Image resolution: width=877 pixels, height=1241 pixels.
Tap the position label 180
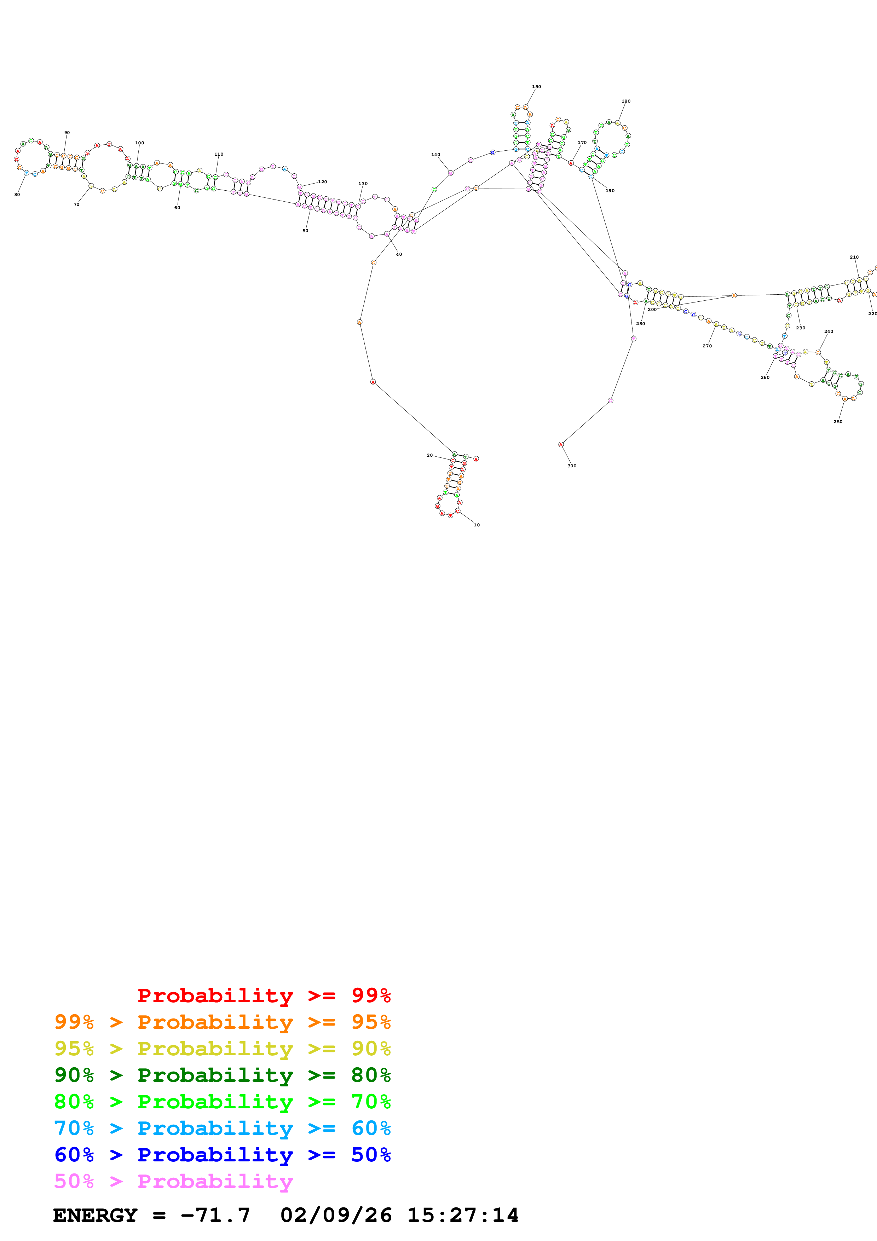626,101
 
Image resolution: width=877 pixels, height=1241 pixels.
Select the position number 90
67,132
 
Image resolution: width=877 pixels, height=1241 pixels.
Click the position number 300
572,466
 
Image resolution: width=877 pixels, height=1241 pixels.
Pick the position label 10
477,525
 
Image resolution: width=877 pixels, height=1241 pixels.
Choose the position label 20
429,455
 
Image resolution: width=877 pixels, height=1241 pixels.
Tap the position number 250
837,422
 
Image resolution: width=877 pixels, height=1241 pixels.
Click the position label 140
435,155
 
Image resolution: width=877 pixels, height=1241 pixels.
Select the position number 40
399,254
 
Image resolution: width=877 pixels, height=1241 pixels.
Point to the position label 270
707,346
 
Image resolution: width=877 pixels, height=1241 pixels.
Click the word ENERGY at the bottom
95,1215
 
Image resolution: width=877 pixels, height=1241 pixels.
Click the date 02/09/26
336,1215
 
